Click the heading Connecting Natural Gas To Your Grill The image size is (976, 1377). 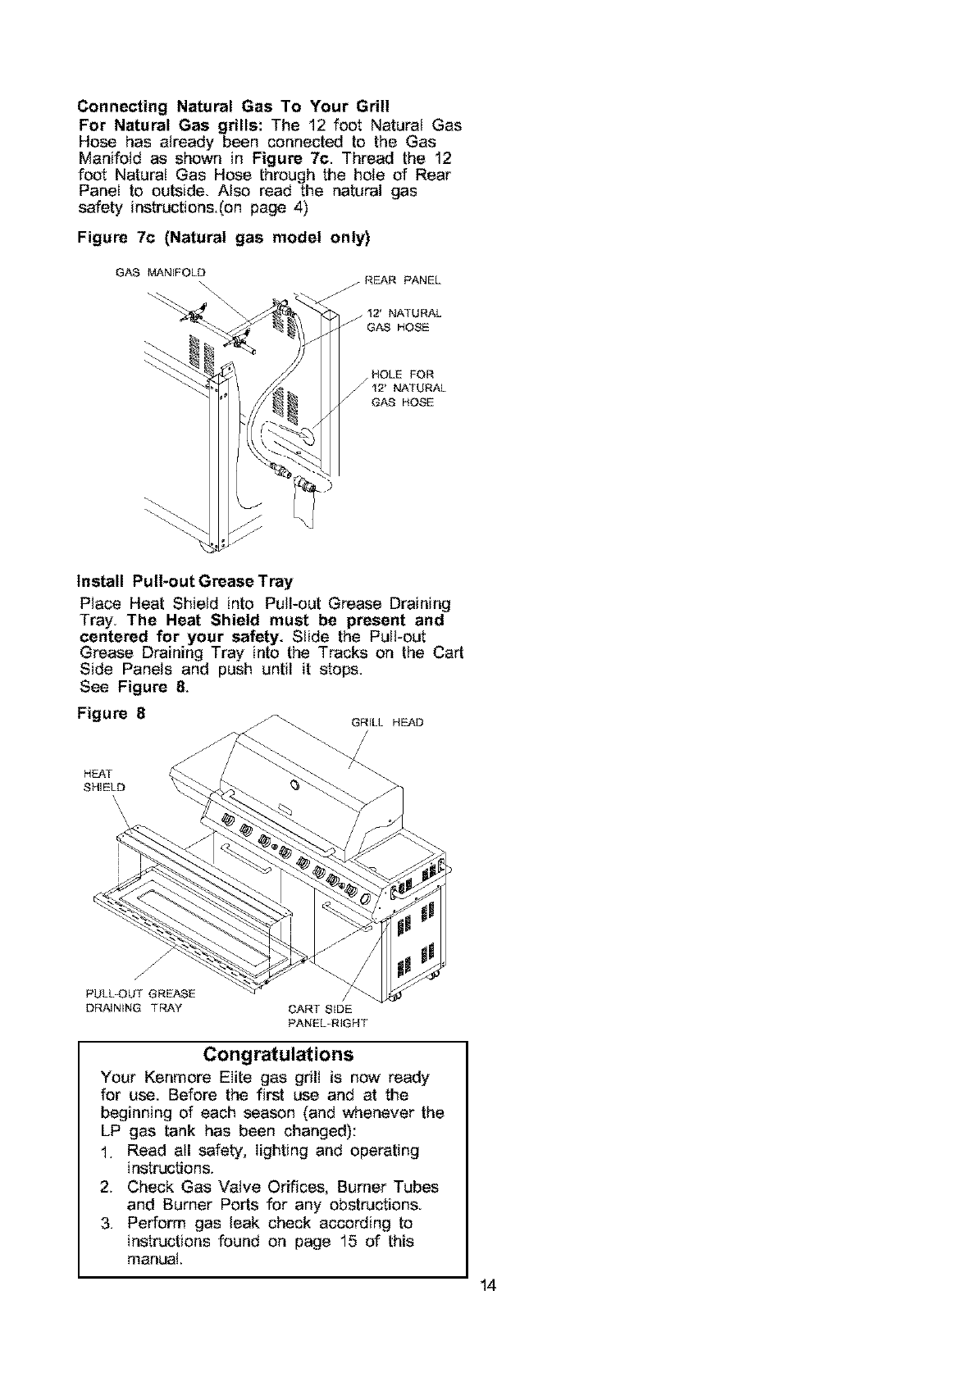click(233, 107)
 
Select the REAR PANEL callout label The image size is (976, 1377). click(402, 280)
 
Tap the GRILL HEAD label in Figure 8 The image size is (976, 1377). click(386, 723)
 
